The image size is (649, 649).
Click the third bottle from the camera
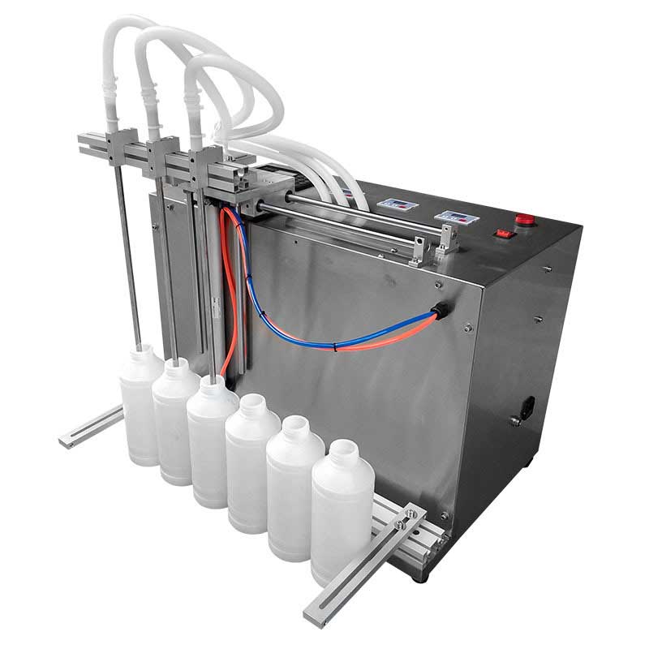(x=251, y=458)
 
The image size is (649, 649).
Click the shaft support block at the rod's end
(x=445, y=240)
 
